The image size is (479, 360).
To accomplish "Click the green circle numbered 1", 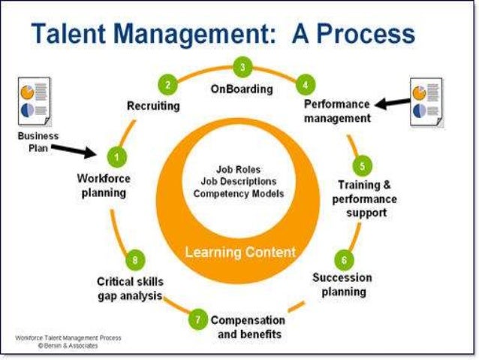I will click(x=116, y=156).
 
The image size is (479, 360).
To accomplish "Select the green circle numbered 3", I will click(x=242, y=67).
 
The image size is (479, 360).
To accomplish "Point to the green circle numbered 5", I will click(x=362, y=165).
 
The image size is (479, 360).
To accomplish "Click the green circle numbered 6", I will click(x=344, y=260).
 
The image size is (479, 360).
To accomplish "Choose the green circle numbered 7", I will click(x=197, y=319).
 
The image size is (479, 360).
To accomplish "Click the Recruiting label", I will click(x=152, y=106).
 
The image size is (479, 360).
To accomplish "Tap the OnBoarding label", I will click(x=241, y=89).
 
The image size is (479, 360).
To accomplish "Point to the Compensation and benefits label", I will click(x=248, y=327).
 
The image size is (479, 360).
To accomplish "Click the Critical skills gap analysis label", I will click(x=130, y=289).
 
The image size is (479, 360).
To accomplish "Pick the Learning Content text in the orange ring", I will click(x=240, y=252).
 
